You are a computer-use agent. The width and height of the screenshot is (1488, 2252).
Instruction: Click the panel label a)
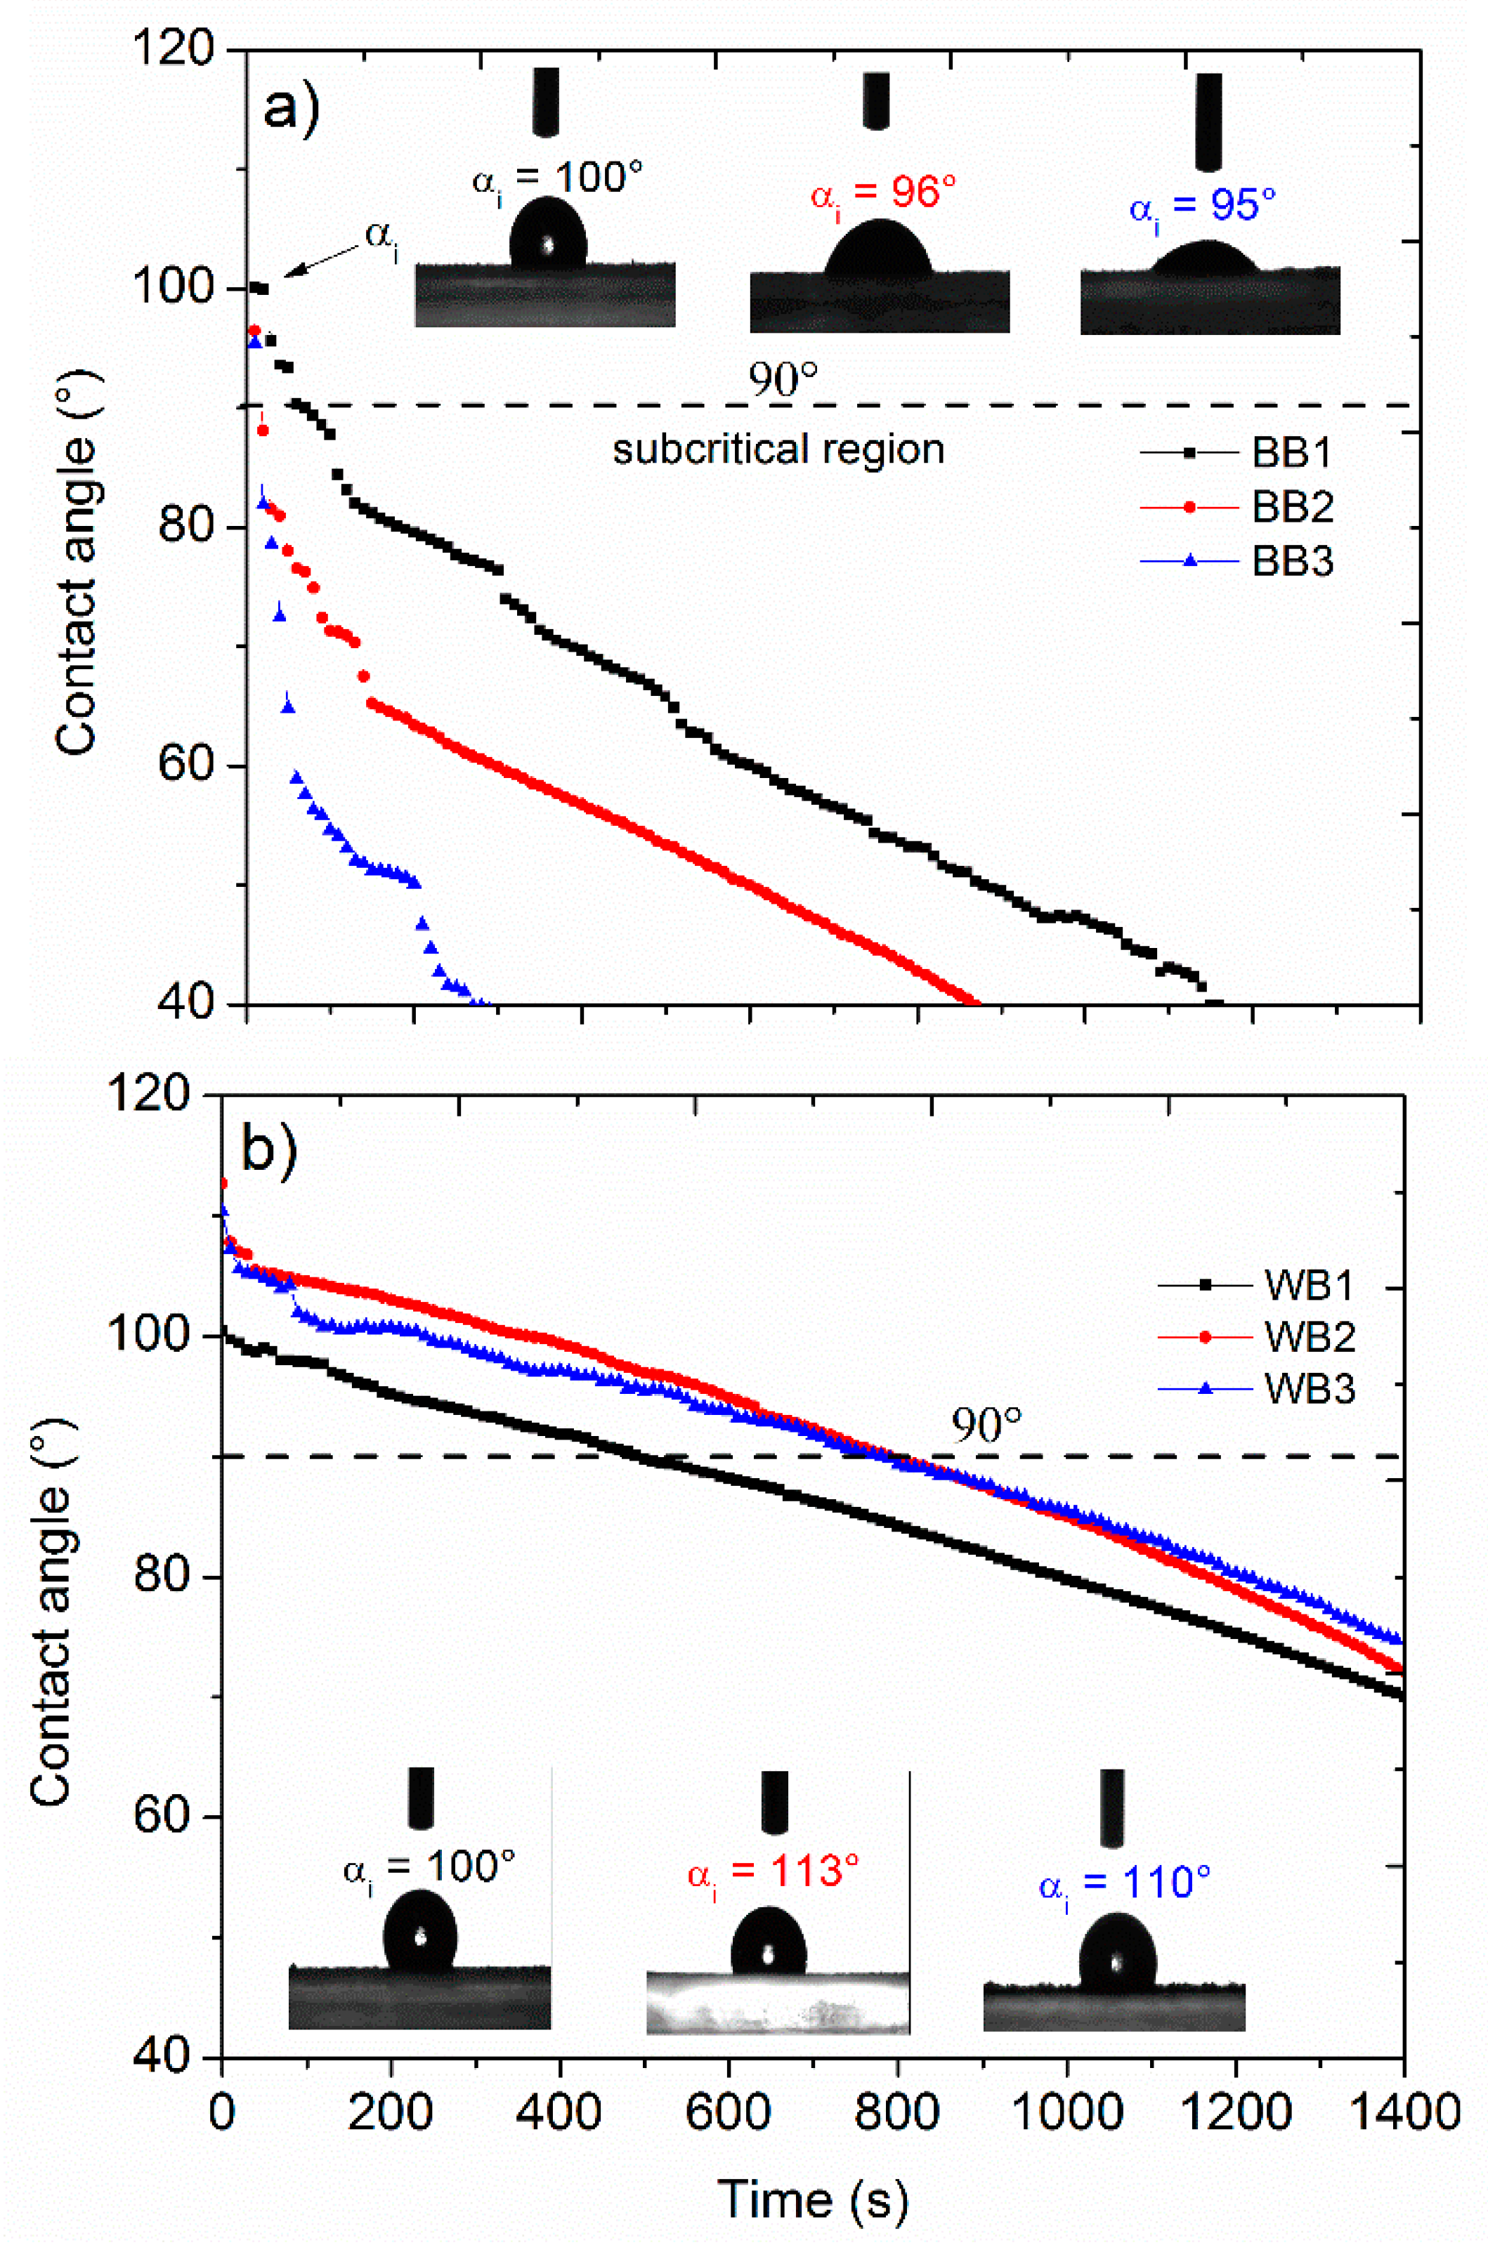(292, 108)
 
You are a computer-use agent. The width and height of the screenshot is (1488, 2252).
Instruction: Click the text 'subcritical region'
(778, 449)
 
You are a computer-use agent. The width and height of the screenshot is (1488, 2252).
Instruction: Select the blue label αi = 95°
(1202, 206)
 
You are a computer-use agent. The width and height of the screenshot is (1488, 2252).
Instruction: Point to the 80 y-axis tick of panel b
(162, 1576)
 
